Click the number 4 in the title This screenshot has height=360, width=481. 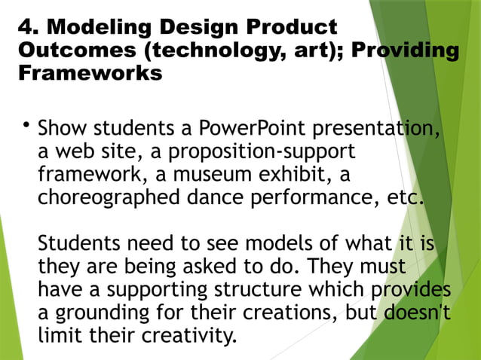coord(24,28)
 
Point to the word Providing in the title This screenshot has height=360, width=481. coord(406,50)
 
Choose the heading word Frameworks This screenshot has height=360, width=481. coord(89,73)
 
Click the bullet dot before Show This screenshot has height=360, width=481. coord(26,124)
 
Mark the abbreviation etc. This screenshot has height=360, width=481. coord(406,198)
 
